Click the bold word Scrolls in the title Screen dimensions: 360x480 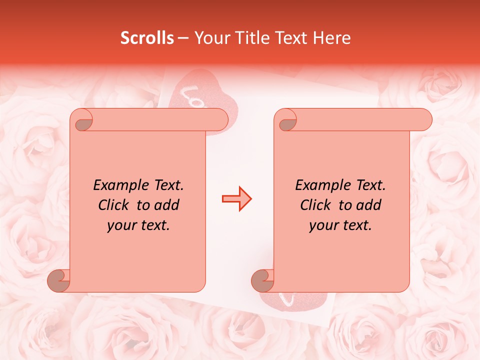pyautogui.click(x=147, y=38)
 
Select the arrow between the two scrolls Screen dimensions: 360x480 pyautogui.click(x=236, y=199)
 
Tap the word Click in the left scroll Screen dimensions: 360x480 pyautogui.click(x=115, y=205)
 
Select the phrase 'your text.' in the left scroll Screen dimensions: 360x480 pyautogui.click(x=138, y=225)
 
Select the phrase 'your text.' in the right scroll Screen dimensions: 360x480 pyautogui.click(x=340, y=225)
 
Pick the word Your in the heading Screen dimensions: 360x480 pyautogui.click(x=210, y=38)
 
